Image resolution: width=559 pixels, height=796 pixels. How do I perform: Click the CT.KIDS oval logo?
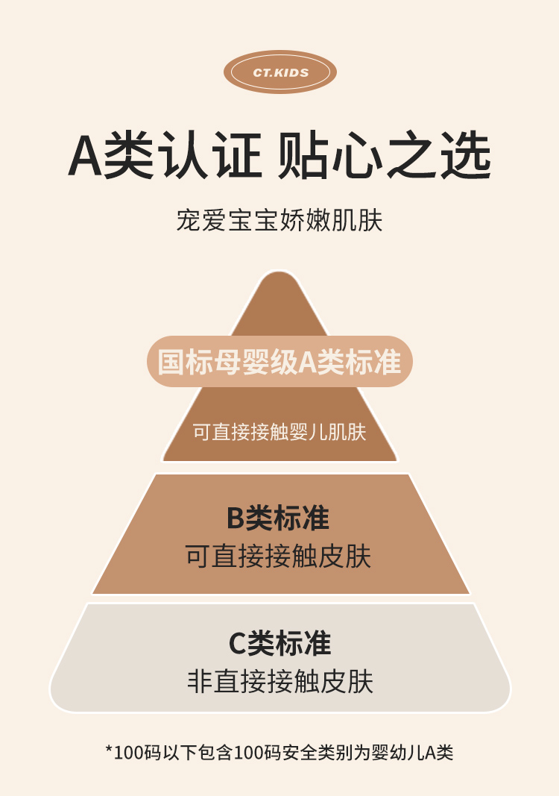(x=280, y=72)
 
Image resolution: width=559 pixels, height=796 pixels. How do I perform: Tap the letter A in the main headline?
(x=85, y=156)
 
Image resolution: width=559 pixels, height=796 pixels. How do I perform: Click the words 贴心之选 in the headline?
(x=385, y=156)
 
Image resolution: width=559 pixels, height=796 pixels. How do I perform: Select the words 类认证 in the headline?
(x=183, y=156)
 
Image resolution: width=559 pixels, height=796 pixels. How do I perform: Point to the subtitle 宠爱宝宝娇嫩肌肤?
(x=279, y=221)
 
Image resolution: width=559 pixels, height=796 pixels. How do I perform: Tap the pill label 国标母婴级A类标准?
(x=279, y=362)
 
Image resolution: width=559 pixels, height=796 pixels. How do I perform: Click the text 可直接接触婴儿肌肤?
(x=279, y=432)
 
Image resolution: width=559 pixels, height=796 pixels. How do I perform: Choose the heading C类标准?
(x=279, y=643)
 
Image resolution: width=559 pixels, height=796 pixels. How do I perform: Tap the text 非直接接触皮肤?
(x=279, y=681)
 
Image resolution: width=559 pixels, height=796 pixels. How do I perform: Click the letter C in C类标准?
(x=237, y=643)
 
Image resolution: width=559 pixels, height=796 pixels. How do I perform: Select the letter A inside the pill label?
(x=308, y=363)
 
